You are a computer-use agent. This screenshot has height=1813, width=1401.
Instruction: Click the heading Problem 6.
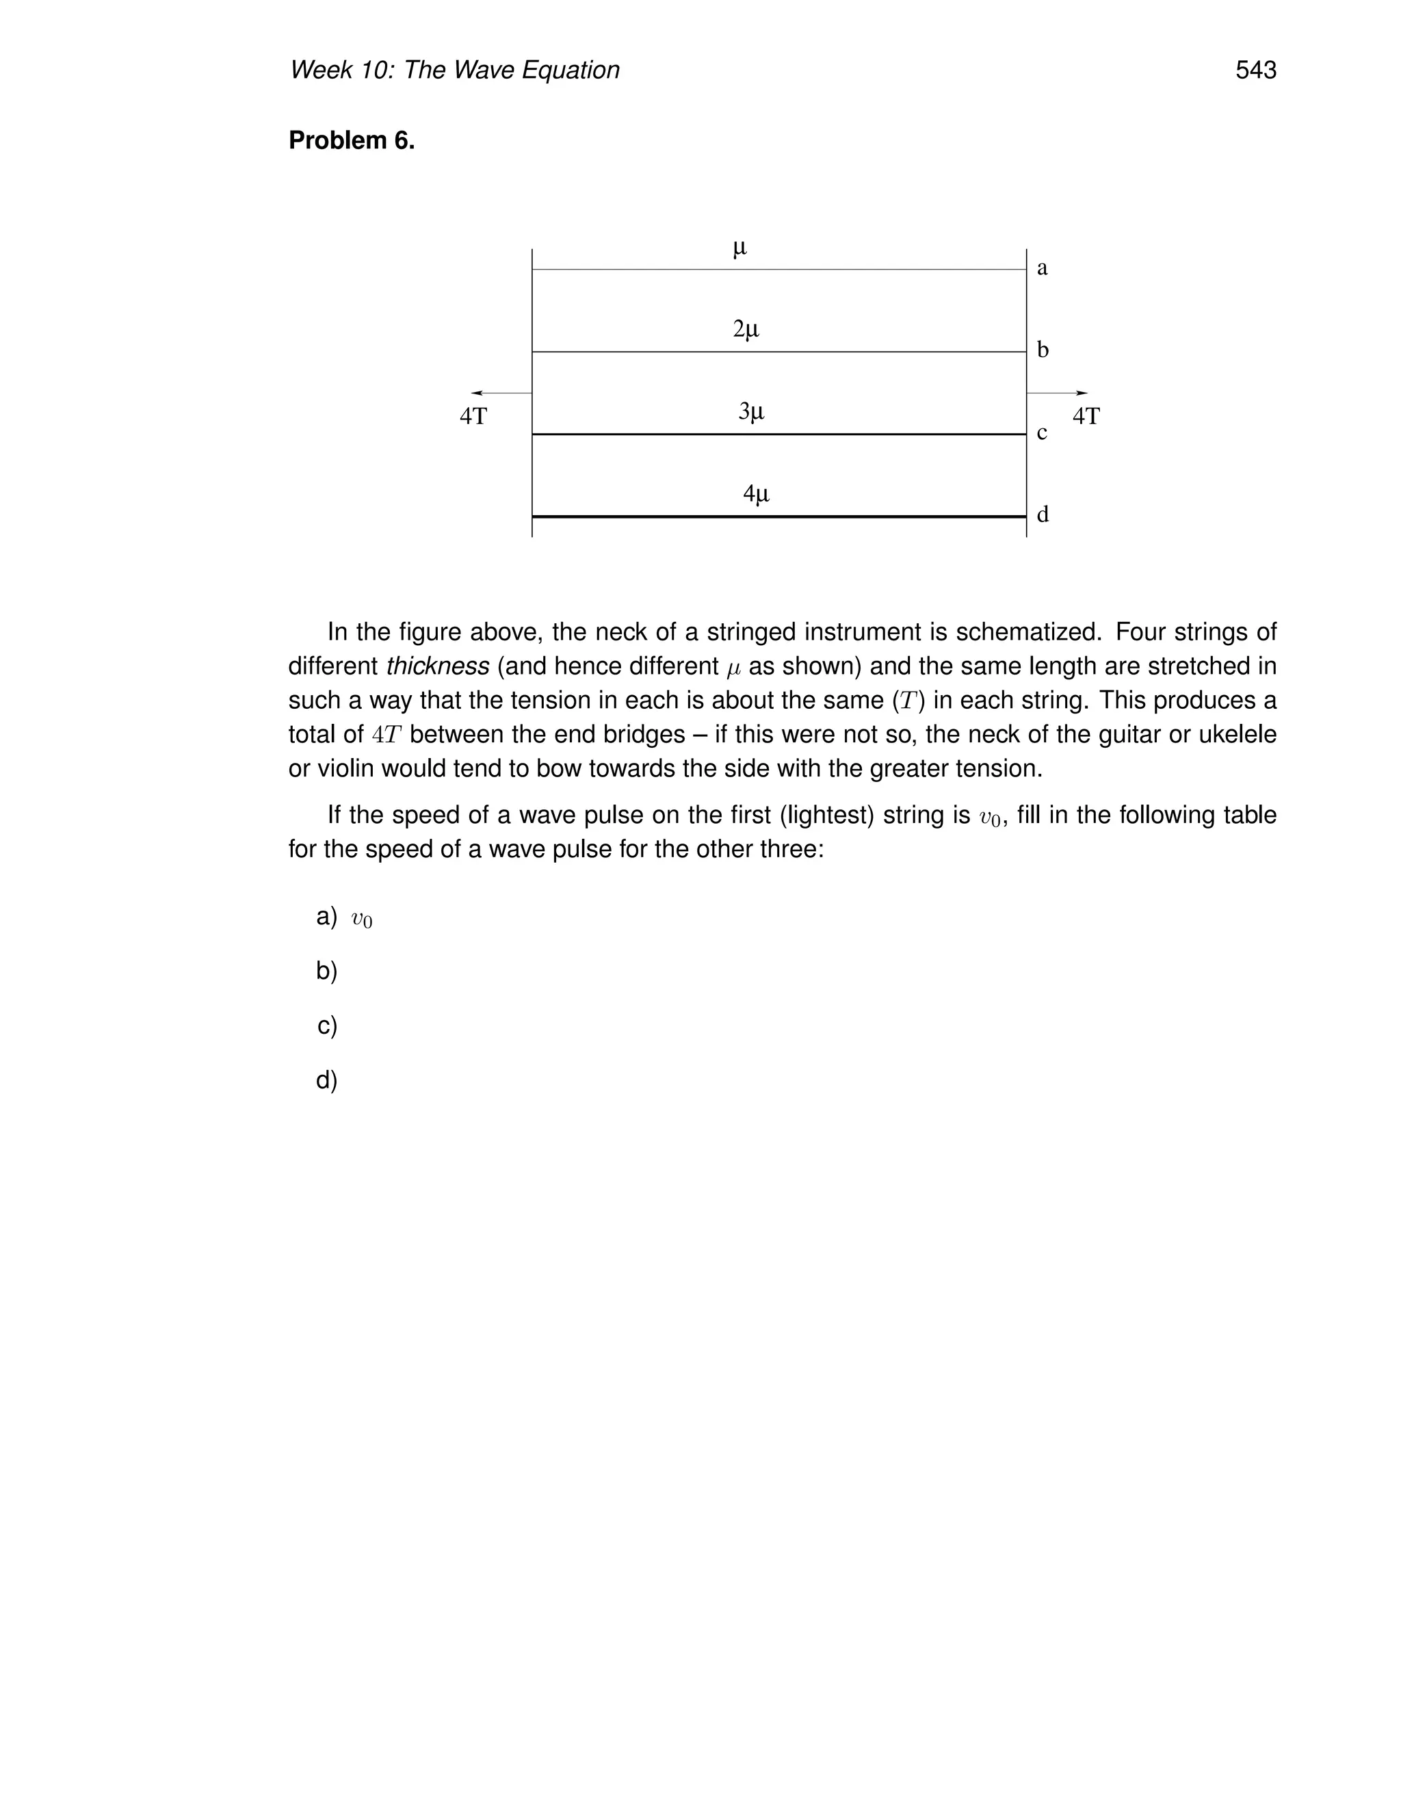351,141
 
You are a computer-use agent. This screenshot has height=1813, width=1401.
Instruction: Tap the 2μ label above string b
746,330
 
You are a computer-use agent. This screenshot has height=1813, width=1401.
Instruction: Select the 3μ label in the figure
751,411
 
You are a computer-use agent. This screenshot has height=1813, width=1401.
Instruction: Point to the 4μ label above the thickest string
755,494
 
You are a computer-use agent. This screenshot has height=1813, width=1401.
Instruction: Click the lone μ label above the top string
739,248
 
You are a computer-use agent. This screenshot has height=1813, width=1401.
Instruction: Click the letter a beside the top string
1043,268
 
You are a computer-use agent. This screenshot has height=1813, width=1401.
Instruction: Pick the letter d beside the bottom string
1043,514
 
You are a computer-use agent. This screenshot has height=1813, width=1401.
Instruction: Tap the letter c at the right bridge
1042,433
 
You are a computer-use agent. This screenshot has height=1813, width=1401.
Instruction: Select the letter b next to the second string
1043,350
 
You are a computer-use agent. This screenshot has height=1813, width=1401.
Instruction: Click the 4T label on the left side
473,417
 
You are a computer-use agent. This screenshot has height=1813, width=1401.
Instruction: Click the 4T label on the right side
1086,417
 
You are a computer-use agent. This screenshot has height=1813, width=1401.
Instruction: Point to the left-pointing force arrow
501,393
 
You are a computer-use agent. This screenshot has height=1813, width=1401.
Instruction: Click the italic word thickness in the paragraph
437,666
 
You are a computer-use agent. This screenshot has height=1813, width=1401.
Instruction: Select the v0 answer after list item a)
362,919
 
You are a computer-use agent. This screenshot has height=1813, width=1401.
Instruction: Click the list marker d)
327,1080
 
